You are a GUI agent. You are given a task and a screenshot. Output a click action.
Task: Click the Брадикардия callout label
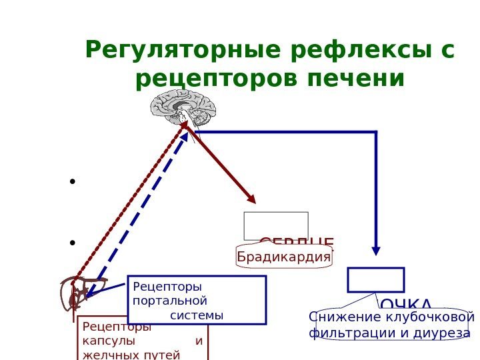285,257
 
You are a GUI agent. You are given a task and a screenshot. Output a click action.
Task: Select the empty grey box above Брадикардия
276,225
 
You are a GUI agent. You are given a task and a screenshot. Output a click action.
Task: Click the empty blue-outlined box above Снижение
376,280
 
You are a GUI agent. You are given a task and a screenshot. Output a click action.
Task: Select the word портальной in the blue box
166,301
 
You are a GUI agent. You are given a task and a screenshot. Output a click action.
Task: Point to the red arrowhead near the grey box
252,199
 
